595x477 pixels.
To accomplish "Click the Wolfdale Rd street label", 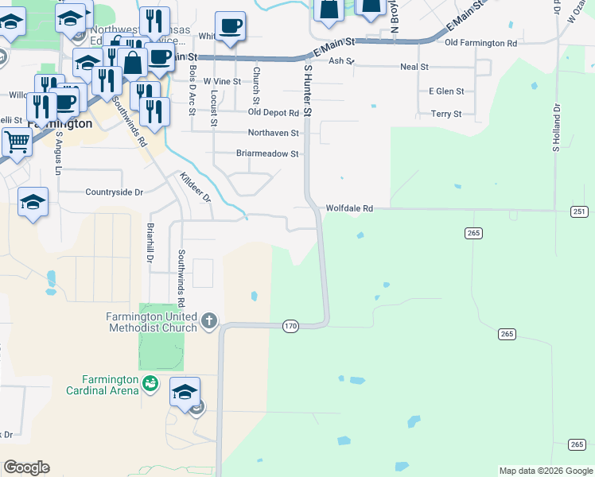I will [349, 208].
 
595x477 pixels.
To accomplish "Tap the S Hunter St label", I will [307, 92].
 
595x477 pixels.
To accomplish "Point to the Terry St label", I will [445, 114].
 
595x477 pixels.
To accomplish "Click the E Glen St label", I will [445, 91].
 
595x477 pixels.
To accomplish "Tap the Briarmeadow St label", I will [267, 153].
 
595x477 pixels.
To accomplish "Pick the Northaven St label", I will [273, 133].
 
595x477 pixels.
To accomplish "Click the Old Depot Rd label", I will [272, 113].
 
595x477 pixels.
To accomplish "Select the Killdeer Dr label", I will [194, 186].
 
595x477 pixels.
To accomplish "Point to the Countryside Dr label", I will [114, 192].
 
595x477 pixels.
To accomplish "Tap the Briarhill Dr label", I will [149, 242].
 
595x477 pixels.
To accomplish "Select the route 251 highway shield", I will [578, 211].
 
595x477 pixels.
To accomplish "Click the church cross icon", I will [209, 321].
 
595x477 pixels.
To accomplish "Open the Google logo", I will [26, 467].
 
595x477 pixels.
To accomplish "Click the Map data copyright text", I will [545, 471].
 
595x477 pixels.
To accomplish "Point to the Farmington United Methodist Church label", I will [151, 321].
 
